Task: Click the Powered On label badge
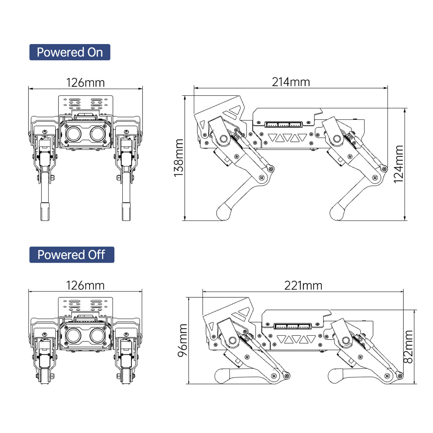(70, 52)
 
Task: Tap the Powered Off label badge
(72, 255)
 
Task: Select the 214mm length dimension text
(291, 82)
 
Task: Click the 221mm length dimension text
(303, 285)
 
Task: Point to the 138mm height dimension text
(179, 158)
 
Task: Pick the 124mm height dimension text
(399, 164)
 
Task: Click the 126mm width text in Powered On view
(86, 83)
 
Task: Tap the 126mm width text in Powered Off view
(86, 285)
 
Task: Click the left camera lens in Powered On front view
(74, 134)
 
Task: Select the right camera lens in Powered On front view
(98, 134)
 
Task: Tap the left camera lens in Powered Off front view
(74, 336)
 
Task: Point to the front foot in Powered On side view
(224, 212)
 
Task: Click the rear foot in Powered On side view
(337, 212)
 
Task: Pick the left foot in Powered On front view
(45, 211)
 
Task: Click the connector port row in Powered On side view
(284, 124)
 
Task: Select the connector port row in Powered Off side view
(293, 326)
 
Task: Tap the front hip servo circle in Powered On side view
(223, 139)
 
